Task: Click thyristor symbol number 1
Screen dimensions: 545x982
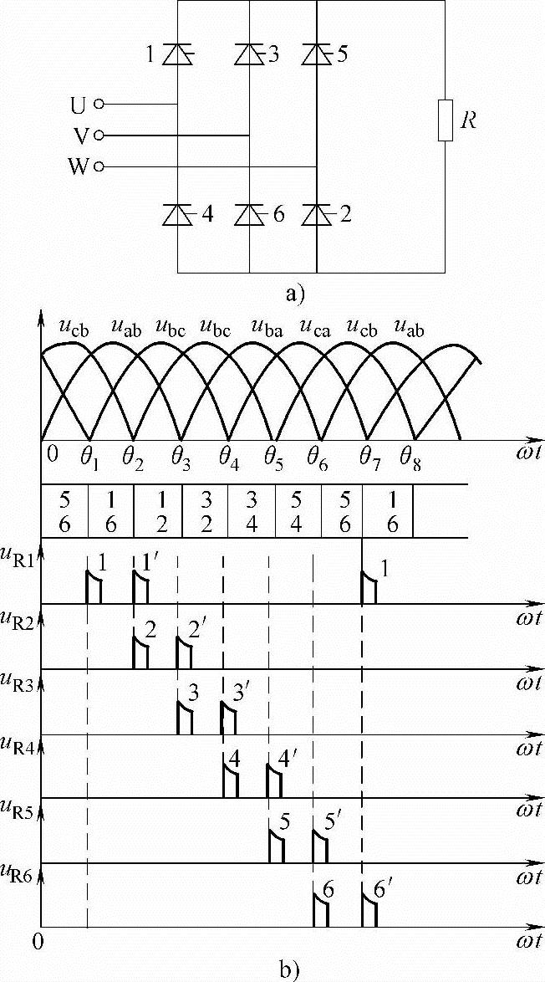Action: coord(177,55)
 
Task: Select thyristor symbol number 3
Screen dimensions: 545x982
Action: coord(249,55)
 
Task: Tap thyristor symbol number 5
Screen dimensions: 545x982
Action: coord(316,55)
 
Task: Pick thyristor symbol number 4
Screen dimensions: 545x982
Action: coord(177,215)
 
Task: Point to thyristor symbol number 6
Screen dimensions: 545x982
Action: coord(249,215)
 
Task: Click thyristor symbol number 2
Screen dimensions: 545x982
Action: coord(316,215)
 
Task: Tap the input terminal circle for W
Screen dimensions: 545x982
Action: coord(99,166)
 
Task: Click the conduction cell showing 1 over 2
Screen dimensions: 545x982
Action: coord(158,511)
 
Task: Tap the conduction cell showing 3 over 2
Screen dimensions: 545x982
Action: coord(205,511)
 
